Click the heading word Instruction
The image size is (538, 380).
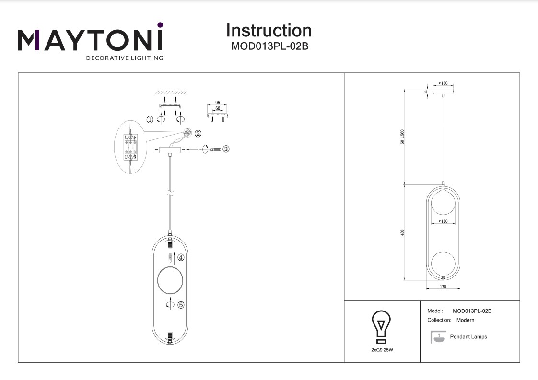tap(269, 31)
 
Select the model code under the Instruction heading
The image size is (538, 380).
tap(269, 47)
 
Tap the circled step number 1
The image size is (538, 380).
tap(150, 120)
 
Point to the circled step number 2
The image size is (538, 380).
tap(198, 134)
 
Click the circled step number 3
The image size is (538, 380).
tap(226, 149)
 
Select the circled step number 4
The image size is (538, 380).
tap(181, 257)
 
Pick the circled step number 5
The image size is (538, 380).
tap(181, 305)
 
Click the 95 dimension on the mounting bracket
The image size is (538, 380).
tap(217, 103)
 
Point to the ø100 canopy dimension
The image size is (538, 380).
tap(443, 84)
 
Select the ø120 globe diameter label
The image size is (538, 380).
tap(443, 221)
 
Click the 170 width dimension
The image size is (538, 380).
tap(443, 287)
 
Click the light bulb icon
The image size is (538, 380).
tap(382, 327)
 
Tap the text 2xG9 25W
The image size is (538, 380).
tap(382, 350)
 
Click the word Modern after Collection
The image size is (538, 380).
tap(465, 320)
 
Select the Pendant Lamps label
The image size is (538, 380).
tap(468, 337)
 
